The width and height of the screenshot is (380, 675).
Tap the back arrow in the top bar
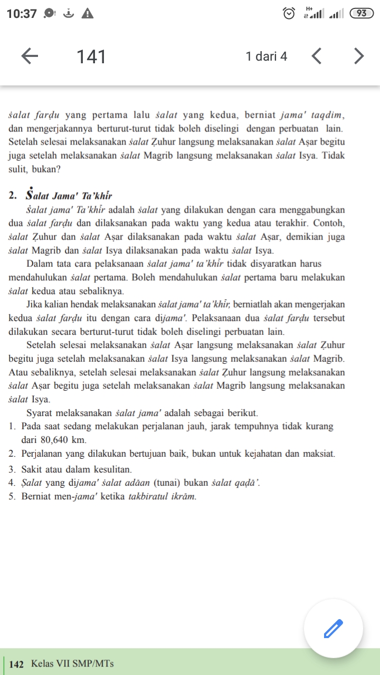click(30, 56)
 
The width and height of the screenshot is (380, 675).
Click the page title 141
click(91, 56)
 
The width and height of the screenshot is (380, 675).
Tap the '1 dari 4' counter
click(267, 56)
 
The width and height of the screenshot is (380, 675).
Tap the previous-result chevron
click(317, 56)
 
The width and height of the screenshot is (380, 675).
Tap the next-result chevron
click(359, 56)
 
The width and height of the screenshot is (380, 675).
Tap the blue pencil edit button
click(333, 628)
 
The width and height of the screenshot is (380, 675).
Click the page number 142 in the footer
click(17, 664)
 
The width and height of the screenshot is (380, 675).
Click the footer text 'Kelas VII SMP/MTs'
click(72, 663)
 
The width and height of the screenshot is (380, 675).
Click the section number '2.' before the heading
click(13, 196)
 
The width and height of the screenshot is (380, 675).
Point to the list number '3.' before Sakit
click(13, 468)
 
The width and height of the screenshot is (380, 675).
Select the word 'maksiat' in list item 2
click(320, 454)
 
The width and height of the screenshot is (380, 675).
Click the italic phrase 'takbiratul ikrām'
click(163, 496)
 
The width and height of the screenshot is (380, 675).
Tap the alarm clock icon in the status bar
click(289, 14)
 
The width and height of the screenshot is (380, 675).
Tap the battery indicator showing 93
click(361, 14)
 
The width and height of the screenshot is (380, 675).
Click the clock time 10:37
click(22, 14)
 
